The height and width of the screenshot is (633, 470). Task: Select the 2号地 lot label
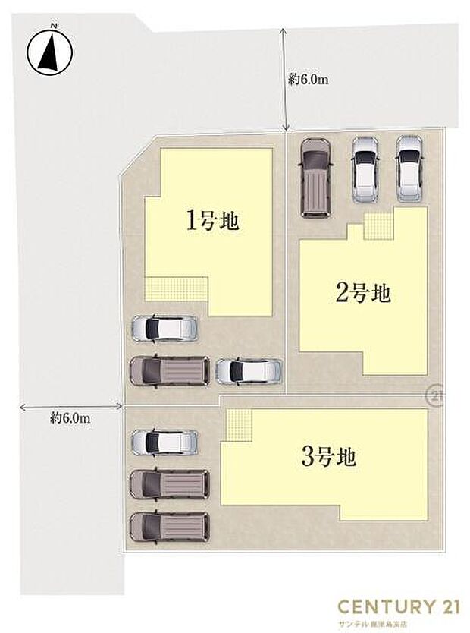click(363, 292)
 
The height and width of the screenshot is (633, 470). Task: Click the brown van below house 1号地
click(169, 370)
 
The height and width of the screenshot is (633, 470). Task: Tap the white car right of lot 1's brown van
click(249, 370)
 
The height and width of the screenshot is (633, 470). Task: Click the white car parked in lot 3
click(164, 441)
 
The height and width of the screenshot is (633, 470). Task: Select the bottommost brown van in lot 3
click(169, 526)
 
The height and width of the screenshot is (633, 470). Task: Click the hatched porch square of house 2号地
click(378, 224)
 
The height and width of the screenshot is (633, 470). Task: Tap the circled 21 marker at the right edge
click(435, 395)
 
